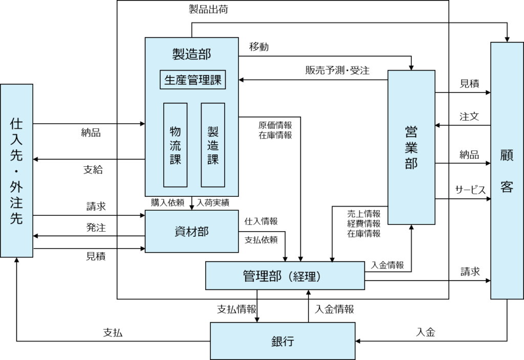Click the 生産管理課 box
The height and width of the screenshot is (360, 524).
[x=193, y=80]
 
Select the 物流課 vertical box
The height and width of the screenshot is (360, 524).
[x=175, y=145]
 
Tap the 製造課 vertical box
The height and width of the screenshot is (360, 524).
[x=213, y=145]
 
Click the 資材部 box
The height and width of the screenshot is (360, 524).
[x=192, y=231]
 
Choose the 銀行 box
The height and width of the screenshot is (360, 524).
[x=283, y=341]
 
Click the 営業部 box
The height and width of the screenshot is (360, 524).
[x=411, y=147]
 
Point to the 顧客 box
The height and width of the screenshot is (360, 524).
[x=507, y=171]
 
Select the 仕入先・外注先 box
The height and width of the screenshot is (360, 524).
[x=16, y=170]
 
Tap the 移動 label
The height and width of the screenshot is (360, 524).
[x=259, y=47]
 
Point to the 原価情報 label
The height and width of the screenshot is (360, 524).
[x=275, y=125]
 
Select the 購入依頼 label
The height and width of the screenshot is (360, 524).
[x=167, y=202]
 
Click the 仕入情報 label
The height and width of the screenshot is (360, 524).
[x=261, y=221]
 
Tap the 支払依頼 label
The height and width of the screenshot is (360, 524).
[x=261, y=239]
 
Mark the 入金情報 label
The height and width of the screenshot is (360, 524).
[x=387, y=265]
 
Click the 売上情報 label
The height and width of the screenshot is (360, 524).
[x=364, y=213]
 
